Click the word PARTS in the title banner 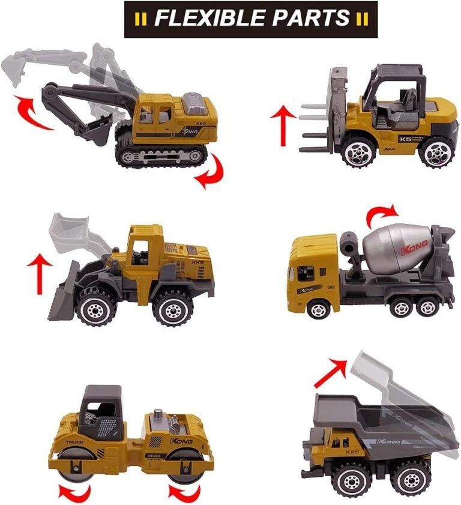pyautogui.click(x=311, y=18)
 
